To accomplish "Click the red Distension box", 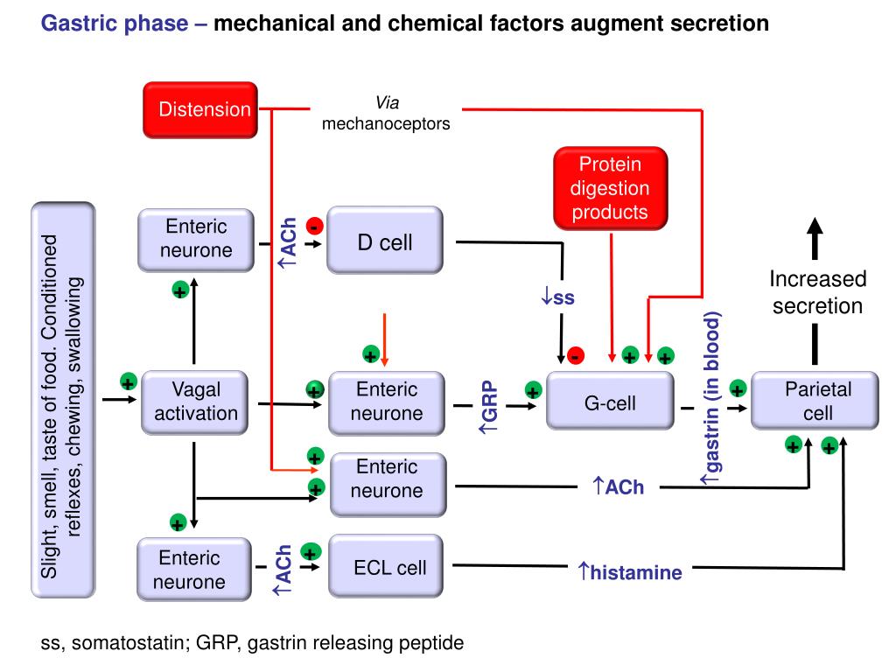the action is click(x=201, y=109).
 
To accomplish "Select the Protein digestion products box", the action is click(x=610, y=188).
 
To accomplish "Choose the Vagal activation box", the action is click(x=195, y=402).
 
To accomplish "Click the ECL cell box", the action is click(x=389, y=568).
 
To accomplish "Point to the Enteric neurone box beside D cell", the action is click(x=196, y=239).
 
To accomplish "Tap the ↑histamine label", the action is click(x=629, y=573).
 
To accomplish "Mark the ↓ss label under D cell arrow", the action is click(x=557, y=297).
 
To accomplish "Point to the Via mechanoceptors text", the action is click(x=386, y=114).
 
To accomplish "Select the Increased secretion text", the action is click(x=817, y=293).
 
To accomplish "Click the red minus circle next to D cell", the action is click(x=315, y=227).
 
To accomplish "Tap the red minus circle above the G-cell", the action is click(x=575, y=355).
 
